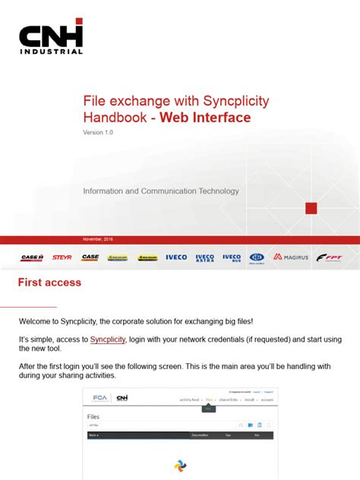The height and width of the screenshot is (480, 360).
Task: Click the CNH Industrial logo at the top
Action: click(x=51, y=37)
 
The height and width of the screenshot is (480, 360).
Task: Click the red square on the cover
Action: click(x=311, y=208)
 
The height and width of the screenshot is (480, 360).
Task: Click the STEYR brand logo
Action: click(x=62, y=257)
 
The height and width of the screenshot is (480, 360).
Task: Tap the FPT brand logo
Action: click(x=330, y=257)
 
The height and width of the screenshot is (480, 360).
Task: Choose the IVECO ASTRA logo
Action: click(x=205, y=257)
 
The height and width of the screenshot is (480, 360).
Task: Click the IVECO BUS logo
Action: click(x=232, y=257)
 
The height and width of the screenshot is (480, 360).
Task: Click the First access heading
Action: click(x=49, y=283)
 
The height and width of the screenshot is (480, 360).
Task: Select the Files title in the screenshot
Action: click(x=93, y=417)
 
